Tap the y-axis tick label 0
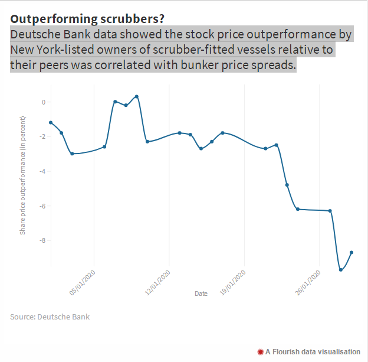[x=42, y=102]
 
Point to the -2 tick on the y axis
[x=41, y=137]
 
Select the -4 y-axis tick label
[x=41, y=172]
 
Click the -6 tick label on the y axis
[x=41, y=206]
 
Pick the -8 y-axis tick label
[x=41, y=241]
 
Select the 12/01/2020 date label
[x=157, y=283]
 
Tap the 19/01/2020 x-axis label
[x=232, y=283]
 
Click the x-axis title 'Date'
[x=201, y=293]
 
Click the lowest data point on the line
[x=341, y=270]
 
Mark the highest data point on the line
[x=137, y=96]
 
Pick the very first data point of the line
[x=51, y=122]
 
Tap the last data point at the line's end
[x=351, y=252]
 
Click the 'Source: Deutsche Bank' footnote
[x=50, y=317]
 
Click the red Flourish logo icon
[x=260, y=352]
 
